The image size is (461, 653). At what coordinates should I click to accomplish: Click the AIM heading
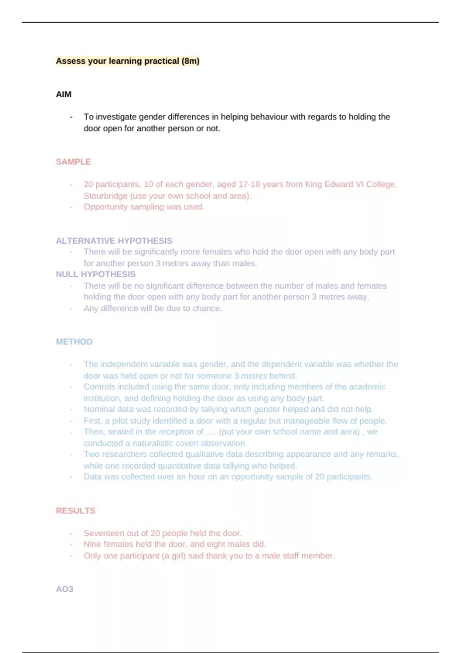[63, 94]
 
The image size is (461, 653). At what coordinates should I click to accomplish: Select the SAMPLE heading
[73, 162]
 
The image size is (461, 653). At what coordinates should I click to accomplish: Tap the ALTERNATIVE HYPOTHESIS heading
[114, 241]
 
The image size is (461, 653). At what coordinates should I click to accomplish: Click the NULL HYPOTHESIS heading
[96, 274]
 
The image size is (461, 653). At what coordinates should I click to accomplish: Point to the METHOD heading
[74, 342]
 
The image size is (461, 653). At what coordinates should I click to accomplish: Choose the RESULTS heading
[75, 511]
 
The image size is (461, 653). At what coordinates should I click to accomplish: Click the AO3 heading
[65, 589]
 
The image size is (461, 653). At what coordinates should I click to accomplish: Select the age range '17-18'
[249, 184]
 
